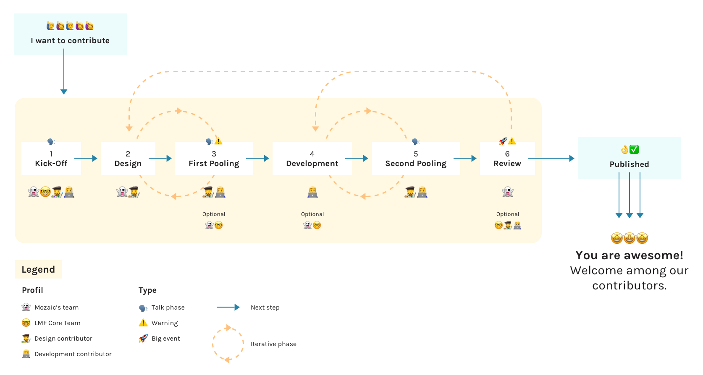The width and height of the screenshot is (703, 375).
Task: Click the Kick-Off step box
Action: [51, 159]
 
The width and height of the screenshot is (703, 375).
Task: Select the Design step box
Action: [128, 159]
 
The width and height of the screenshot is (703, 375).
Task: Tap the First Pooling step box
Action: [214, 159]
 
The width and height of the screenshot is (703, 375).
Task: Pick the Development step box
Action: [312, 159]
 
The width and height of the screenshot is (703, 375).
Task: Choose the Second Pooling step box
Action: [416, 159]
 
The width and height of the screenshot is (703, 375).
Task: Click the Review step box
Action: [507, 159]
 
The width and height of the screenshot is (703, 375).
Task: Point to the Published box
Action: [629, 159]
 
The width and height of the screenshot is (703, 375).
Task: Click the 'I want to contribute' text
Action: [70, 41]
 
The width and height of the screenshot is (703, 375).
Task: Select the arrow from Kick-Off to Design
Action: [86, 159]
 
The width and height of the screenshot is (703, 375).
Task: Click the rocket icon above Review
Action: [503, 141]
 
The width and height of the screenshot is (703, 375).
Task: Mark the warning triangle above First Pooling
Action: [218, 141]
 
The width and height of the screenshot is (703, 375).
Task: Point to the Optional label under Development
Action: [312, 214]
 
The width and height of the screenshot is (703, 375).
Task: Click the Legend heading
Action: [38, 270]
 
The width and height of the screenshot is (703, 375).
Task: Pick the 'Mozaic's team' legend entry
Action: [56, 307]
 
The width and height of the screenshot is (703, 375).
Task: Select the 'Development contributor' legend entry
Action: [73, 354]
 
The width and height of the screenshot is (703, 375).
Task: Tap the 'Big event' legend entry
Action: [165, 339]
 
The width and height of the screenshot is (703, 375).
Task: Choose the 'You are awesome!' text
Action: [629, 255]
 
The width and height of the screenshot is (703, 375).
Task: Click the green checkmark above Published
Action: [634, 149]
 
